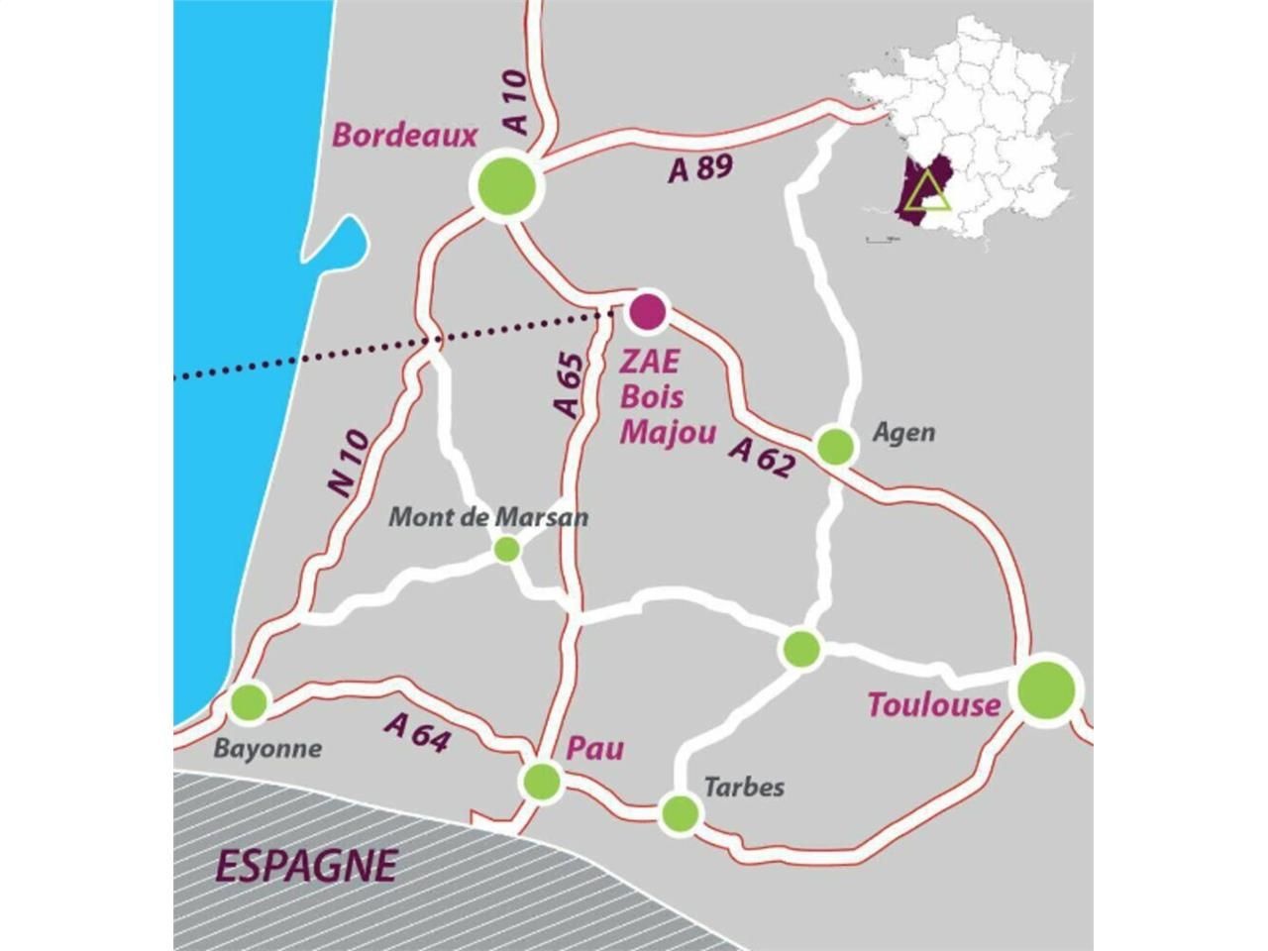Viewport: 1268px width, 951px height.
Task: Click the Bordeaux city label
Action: tap(404, 136)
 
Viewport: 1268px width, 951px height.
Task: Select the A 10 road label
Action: tap(516, 102)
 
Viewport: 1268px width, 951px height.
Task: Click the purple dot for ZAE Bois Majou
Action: tap(647, 311)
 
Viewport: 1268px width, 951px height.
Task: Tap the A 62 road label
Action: tap(762, 457)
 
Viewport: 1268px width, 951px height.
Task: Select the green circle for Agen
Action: tap(835, 446)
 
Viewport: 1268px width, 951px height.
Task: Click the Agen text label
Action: tap(902, 433)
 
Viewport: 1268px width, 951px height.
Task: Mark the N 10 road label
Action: tap(348, 463)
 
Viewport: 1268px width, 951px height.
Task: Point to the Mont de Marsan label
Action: tap(487, 517)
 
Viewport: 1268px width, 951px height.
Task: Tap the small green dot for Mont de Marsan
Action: tap(506, 549)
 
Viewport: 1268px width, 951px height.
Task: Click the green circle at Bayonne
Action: tap(248, 702)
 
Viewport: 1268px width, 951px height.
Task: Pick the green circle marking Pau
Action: tap(541, 781)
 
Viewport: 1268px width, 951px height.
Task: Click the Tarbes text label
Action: tap(743, 787)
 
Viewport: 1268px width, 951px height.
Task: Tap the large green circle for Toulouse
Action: tap(1046, 687)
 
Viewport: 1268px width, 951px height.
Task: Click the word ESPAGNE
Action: tap(305, 866)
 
